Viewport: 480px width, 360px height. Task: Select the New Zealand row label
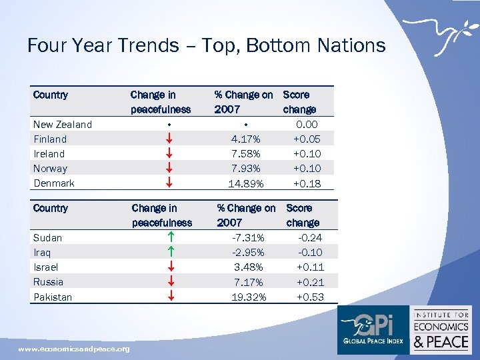click(x=63, y=124)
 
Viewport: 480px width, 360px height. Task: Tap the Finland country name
click(x=50, y=139)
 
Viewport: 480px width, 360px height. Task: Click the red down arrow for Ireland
click(x=171, y=154)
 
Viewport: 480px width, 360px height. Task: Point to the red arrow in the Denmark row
click(x=171, y=183)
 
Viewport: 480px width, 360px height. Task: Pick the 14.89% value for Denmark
click(x=246, y=183)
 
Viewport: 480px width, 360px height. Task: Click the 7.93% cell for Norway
click(x=246, y=169)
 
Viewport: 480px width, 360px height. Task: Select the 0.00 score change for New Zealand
click(x=307, y=124)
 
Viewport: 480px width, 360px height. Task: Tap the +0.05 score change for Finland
click(x=306, y=139)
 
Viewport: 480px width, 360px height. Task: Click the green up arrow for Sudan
click(x=171, y=238)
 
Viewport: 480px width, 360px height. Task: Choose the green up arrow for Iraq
click(x=171, y=253)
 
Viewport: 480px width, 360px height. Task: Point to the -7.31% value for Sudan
click(x=247, y=238)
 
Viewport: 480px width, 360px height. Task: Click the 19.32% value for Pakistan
click(x=248, y=297)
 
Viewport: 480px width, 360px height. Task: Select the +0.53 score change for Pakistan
click(x=310, y=297)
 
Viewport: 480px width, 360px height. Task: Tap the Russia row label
click(x=49, y=282)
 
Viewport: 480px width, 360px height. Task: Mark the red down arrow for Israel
click(x=171, y=267)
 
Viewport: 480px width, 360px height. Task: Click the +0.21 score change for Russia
click(x=310, y=282)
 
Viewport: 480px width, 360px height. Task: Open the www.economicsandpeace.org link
click(x=74, y=349)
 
